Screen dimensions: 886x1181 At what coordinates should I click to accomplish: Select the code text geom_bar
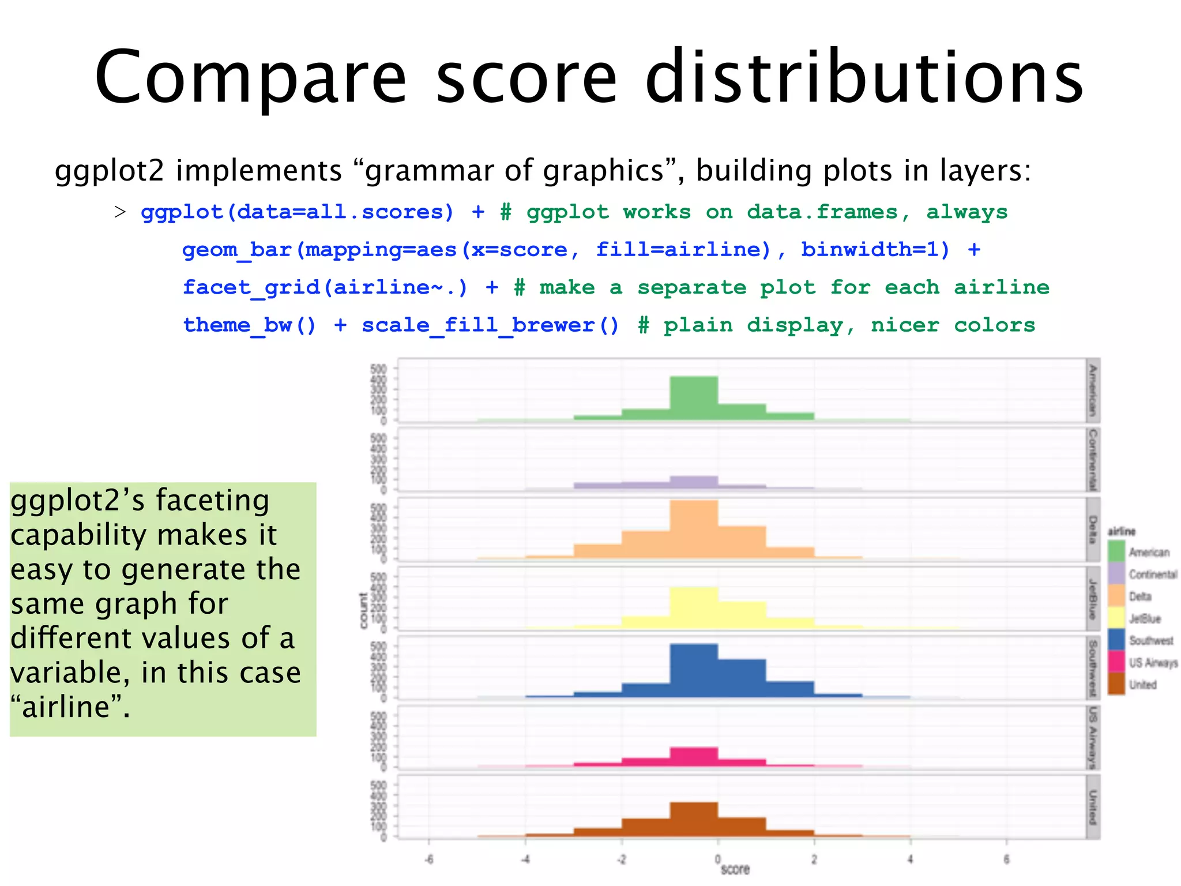236,250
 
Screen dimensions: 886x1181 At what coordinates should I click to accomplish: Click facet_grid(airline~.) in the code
325,287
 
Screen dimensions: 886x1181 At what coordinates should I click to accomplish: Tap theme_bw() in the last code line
250,325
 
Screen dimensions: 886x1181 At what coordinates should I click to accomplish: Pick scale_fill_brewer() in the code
490,325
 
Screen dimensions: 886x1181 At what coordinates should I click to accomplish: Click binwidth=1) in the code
874,250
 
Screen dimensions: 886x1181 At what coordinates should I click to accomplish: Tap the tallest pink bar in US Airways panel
694,756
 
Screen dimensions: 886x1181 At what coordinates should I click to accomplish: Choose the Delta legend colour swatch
1116,596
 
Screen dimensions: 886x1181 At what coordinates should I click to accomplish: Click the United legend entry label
1143,685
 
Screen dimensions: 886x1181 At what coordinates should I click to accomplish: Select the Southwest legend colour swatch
1116,640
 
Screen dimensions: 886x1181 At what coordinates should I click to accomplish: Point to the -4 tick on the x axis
525,859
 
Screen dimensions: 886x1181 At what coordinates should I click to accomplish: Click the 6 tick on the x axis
1006,859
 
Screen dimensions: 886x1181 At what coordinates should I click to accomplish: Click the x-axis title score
735,869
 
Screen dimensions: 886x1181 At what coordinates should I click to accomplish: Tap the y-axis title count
363,610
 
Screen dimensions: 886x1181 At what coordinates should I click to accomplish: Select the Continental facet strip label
1092,459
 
